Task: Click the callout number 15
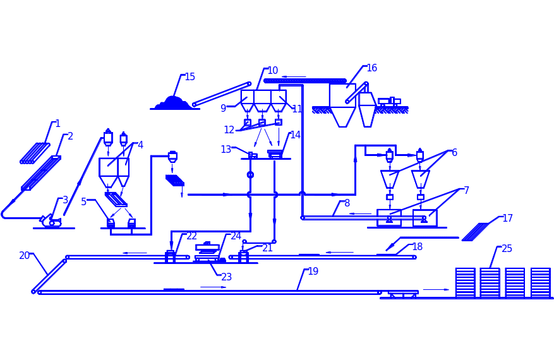[x=190, y=76]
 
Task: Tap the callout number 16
[x=371, y=68]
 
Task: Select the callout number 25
[x=507, y=249]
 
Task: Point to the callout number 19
[x=313, y=272]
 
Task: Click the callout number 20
[x=25, y=255]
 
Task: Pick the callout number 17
[x=507, y=219]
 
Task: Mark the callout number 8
[x=347, y=203]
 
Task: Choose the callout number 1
[x=57, y=123]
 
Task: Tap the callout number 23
[x=226, y=276]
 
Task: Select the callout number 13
[x=226, y=149]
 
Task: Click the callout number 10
[x=272, y=70]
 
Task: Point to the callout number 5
[x=84, y=201]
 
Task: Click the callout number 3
[x=65, y=200]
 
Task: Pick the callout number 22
[x=191, y=236]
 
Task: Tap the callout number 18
[x=417, y=246]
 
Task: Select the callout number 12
[x=229, y=130]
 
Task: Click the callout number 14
[x=295, y=135]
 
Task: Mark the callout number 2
[x=70, y=136]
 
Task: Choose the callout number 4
[x=140, y=145]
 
